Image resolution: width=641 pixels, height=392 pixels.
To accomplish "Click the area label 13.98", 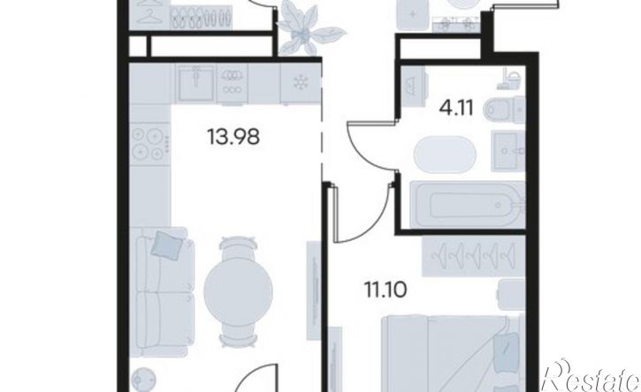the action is pos(233,136).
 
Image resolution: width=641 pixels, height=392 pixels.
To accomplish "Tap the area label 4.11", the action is pos(456,109).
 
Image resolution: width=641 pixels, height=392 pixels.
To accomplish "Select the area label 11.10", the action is pos(385,290).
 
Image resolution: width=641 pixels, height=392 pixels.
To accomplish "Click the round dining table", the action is pos(239,290).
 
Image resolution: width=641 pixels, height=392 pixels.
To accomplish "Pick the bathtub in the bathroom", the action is pos(467,205).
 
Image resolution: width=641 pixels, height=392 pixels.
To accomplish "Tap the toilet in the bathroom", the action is pos(504,109).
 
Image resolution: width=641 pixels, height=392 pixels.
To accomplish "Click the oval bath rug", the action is pos(445,155).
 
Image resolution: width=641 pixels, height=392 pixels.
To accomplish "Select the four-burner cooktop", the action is pos(150,143).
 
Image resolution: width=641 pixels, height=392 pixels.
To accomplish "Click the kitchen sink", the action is pos(195,83).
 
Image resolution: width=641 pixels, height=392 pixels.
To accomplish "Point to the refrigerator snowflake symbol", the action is pos(301,83).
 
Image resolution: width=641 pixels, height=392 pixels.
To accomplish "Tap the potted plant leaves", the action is pos(309,27).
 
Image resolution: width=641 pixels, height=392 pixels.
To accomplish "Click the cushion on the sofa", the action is pos(167,244).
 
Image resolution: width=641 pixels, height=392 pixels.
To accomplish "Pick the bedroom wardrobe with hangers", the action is pos(473,255).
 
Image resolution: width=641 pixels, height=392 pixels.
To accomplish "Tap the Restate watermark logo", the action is pos(590,376).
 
